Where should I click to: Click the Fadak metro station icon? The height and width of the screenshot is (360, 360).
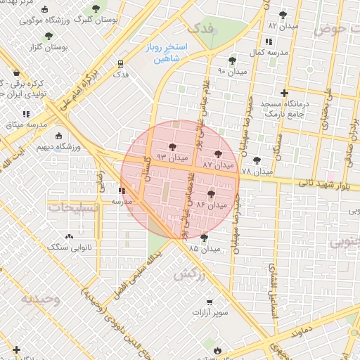pos(120,63)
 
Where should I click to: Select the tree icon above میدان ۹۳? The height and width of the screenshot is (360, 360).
pos(172,146)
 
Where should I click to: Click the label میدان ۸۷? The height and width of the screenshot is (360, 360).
pos(217,164)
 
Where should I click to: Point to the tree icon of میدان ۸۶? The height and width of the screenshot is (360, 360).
pos(210,193)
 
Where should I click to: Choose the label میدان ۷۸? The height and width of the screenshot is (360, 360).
pos(256,171)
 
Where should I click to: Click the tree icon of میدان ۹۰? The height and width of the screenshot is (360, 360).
pos(232,61)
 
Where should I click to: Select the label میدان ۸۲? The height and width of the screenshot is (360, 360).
pos(283,25)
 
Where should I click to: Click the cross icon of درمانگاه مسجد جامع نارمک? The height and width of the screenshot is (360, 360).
pos(284,93)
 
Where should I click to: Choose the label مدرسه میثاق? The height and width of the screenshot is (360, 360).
pos(27,124)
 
